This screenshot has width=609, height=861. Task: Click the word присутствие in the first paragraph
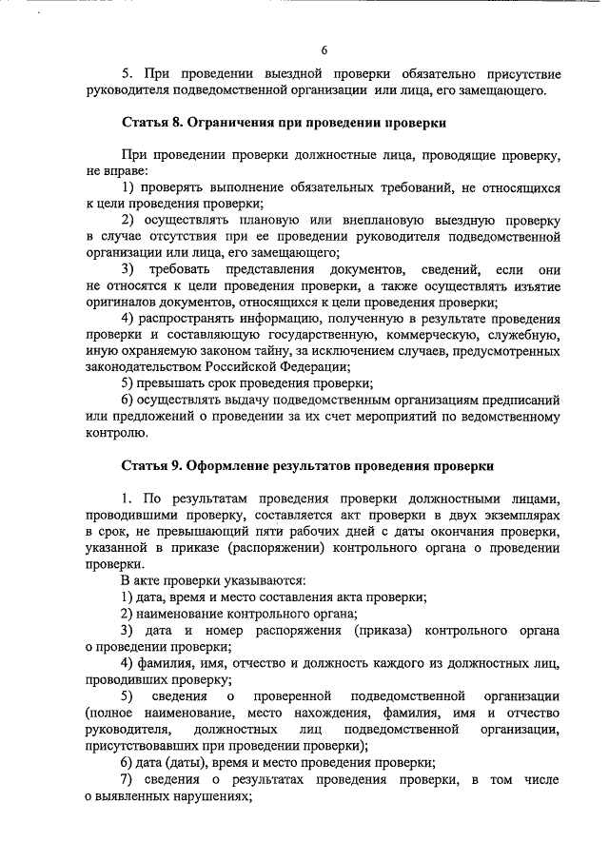[x=524, y=74]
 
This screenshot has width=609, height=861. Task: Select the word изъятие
[x=533, y=286]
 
